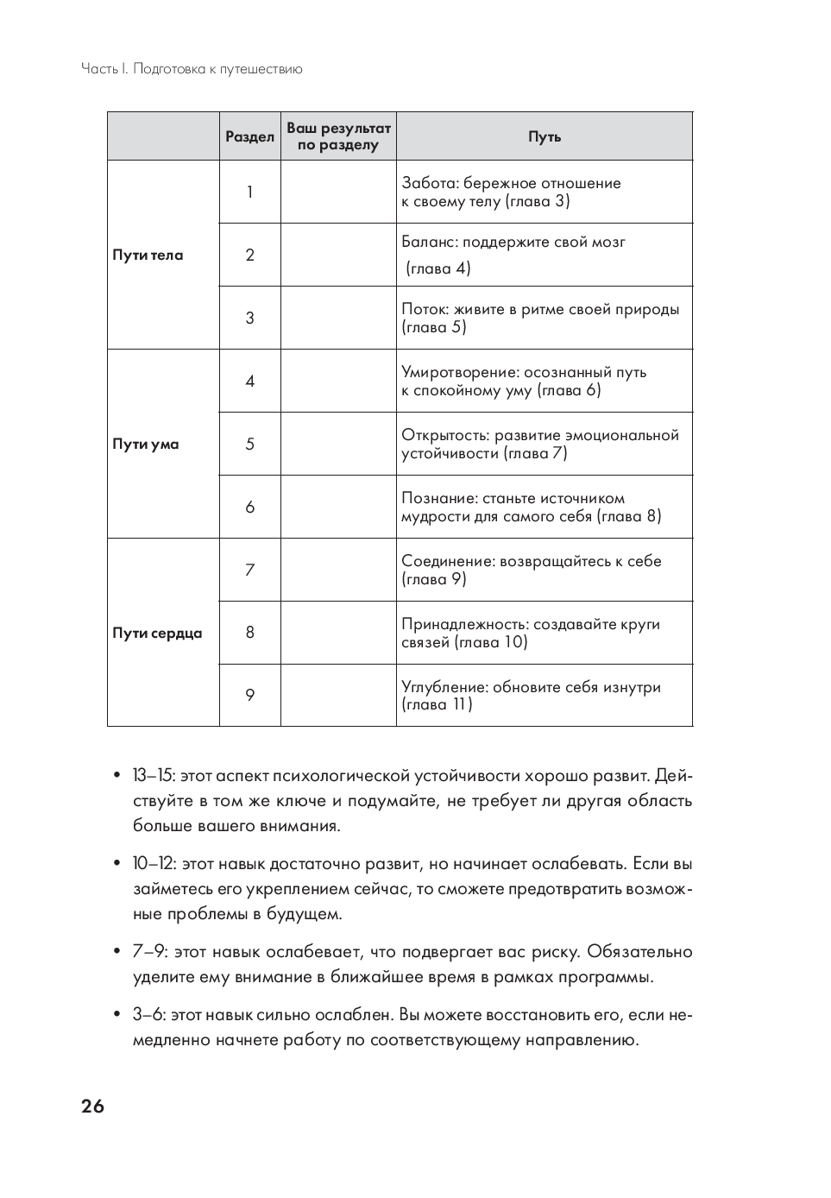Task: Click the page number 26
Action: (92, 1107)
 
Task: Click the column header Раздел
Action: (249, 136)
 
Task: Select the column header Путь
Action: (545, 136)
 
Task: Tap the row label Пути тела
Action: (148, 255)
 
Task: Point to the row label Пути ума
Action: (146, 445)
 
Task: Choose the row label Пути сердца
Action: (157, 634)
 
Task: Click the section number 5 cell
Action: (250, 445)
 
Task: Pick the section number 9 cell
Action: (250, 696)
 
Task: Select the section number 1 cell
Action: (250, 192)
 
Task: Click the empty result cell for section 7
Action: (338, 570)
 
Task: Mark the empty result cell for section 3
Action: (338, 318)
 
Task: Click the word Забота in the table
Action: (429, 183)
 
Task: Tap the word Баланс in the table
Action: (428, 243)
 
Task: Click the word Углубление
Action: (444, 688)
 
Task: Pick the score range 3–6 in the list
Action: (148, 1015)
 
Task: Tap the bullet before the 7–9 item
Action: (116, 952)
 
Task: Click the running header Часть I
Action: (104, 69)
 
